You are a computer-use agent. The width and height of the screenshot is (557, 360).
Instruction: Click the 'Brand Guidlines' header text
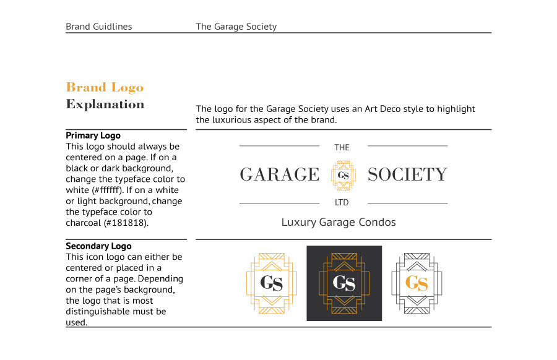pyautogui.click(x=99, y=27)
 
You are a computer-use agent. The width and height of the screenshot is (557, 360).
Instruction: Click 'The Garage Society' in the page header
pyautogui.click(x=236, y=27)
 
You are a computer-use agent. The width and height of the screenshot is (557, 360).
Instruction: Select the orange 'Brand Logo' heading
pyautogui.click(x=105, y=87)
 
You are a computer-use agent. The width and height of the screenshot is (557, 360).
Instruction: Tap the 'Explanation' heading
pyautogui.click(x=105, y=104)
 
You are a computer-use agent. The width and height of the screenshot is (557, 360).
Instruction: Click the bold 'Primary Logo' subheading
pyautogui.click(x=93, y=135)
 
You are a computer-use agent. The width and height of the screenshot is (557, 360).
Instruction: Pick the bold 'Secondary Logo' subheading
pyautogui.click(x=98, y=246)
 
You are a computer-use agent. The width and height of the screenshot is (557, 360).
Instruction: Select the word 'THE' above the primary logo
pyautogui.click(x=342, y=147)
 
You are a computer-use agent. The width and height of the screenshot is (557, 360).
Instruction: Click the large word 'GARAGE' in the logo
pyautogui.click(x=280, y=175)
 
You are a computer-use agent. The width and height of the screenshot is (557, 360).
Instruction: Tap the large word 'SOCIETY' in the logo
pyautogui.click(x=407, y=175)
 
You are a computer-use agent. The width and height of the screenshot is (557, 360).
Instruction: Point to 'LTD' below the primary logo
pyautogui.click(x=342, y=203)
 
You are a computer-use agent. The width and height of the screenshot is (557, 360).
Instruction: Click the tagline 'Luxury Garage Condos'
pyautogui.click(x=339, y=222)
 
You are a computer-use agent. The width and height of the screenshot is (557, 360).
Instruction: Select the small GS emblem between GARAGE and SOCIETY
pyautogui.click(x=343, y=175)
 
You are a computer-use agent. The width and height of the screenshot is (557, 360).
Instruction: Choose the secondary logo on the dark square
pyautogui.click(x=344, y=283)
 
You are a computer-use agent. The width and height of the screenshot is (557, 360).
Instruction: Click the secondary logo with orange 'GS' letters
pyautogui.click(x=417, y=283)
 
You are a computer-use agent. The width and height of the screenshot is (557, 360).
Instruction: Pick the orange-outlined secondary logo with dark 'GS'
pyautogui.click(x=271, y=283)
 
